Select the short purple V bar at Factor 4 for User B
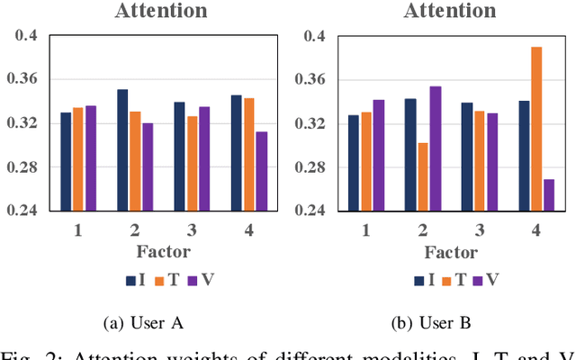coord(549,194)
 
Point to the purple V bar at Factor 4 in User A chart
coord(262,171)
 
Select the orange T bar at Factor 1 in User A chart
coord(78,158)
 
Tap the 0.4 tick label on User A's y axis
coord(25,36)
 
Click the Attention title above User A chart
coord(161,11)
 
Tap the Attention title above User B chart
coord(450,11)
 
